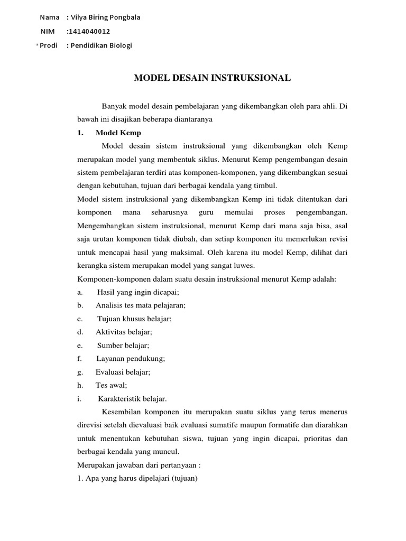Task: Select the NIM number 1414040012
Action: tap(89, 31)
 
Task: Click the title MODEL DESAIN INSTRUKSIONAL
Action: tap(213, 78)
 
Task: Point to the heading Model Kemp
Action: tap(118, 133)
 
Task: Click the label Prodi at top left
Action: tap(48, 45)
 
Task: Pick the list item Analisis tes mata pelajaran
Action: tap(141, 305)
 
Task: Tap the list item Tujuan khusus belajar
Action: tap(135, 319)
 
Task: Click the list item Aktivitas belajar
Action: tap(124, 332)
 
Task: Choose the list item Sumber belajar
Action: tap(123, 346)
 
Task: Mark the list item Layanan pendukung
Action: tap(130, 359)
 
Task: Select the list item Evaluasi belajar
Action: tap(123, 372)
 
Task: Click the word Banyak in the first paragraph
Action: tap(115, 106)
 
